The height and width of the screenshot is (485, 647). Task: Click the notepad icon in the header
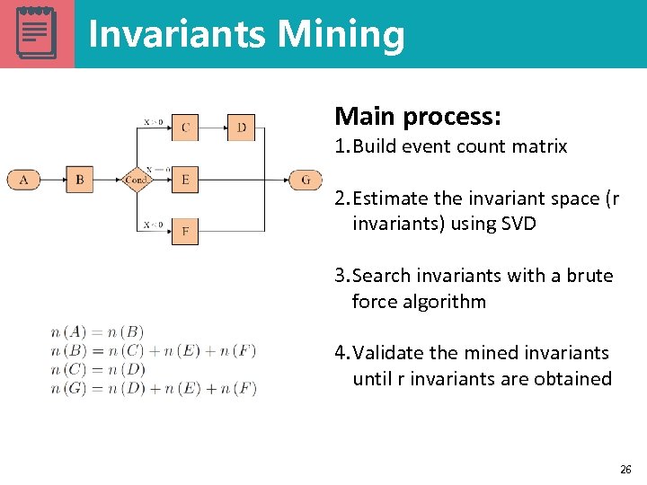tap(37, 33)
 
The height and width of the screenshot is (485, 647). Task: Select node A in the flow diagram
tap(23, 180)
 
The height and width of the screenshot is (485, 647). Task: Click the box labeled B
tap(79, 180)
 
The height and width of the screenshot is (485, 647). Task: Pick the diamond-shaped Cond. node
tap(136, 180)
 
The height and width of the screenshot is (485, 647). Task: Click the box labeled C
tap(185, 128)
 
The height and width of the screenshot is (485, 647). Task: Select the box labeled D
tap(241, 128)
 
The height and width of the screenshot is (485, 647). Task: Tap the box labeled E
tap(185, 180)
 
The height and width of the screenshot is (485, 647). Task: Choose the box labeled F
tap(185, 232)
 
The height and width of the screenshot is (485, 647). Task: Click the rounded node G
tap(306, 180)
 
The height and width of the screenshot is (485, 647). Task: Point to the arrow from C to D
tap(213, 128)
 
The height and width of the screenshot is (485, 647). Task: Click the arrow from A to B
tap(52, 180)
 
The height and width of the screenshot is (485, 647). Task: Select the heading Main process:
tap(418, 117)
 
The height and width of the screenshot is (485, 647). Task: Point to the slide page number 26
tap(625, 470)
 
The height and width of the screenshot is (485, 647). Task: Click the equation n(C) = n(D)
tap(98, 370)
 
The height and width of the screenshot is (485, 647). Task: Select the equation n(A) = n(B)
tap(97, 332)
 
